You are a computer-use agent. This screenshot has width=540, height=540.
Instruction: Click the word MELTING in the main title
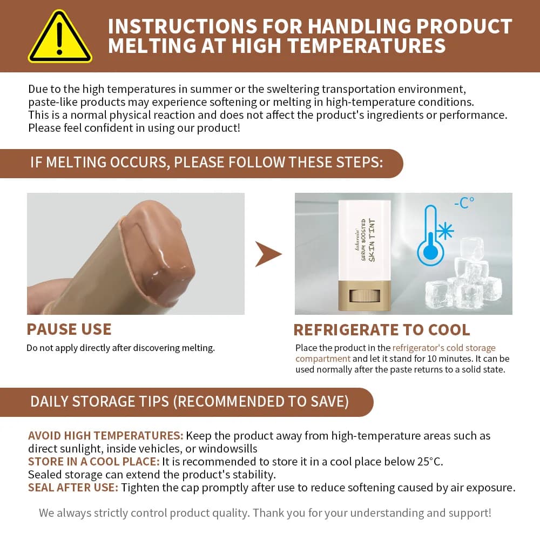[x=152, y=46]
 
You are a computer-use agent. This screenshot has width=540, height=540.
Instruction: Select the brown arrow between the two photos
[x=268, y=254]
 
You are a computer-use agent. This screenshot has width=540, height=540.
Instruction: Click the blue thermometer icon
[x=430, y=235]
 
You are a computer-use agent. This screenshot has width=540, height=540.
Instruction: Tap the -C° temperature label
[x=464, y=203]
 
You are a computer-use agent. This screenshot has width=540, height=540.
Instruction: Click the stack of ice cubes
[x=463, y=275]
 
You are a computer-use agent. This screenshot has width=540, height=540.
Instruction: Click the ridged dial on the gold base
[x=364, y=296]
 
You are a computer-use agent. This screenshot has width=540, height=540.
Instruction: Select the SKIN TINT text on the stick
[x=372, y=240]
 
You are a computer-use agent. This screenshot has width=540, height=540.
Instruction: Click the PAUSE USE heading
[x=69, y=329]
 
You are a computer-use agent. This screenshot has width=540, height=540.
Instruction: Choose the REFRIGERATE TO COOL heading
[x=382, y=329]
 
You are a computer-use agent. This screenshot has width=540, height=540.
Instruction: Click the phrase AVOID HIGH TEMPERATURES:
[x=106, y=436]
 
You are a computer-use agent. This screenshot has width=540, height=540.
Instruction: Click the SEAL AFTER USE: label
[x=73, y=488]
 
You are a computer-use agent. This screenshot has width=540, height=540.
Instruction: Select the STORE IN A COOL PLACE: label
[x=93, y=462]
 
